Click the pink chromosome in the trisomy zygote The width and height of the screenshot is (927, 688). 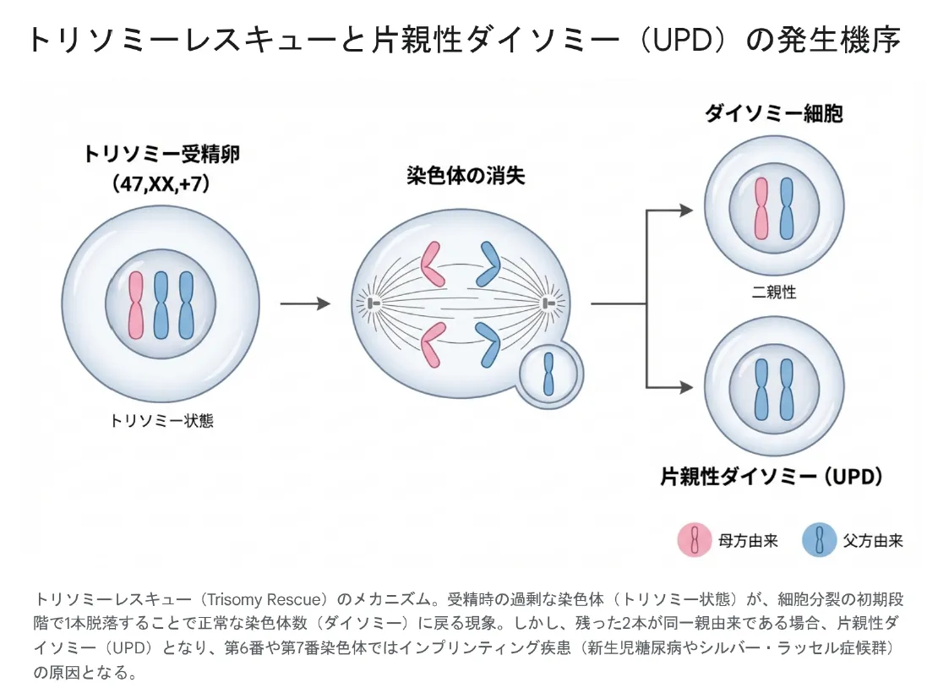[136, 304]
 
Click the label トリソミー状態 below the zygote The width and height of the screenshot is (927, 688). [161, 420]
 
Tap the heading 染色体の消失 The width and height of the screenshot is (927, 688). [466, 176]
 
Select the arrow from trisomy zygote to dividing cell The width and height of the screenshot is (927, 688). [304, 303]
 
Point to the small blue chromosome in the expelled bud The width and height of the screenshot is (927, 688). [549, 374]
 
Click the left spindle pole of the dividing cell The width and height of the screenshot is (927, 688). [371, 303]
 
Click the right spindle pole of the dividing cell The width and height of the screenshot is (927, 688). [550, 303]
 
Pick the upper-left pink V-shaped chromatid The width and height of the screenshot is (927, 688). [432, 264]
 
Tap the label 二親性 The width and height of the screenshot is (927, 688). [773, 292]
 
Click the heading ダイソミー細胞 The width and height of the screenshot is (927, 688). [774, 113]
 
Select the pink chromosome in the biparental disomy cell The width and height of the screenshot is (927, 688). [762, 208]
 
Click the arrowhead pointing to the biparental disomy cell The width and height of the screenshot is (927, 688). [685, 210]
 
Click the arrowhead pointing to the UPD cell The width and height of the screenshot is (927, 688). [685, 388]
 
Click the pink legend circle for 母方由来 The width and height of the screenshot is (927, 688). [695, 539]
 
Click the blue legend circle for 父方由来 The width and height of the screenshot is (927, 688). [819, 539]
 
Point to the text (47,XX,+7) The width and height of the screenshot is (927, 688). [161, 183]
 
